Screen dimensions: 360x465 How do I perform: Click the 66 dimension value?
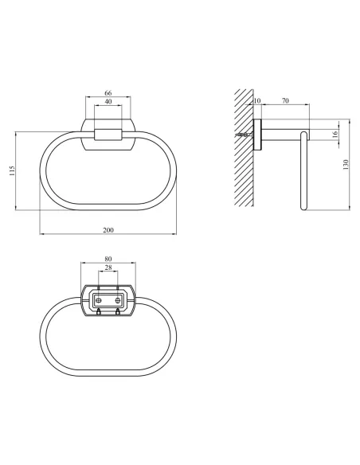pos(108,93)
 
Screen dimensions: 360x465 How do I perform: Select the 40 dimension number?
pos(108,101)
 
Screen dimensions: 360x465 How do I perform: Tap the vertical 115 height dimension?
pos(12,171)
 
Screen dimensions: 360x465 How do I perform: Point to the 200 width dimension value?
pos(108,230)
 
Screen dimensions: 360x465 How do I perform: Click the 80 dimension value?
pos(108,259)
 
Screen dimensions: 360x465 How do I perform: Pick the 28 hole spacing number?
pos(108,268)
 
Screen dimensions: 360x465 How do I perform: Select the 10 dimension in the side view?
pos(256,101)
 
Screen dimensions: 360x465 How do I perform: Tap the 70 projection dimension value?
pos(285,101)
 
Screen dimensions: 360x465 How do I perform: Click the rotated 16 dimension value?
pos(335,134)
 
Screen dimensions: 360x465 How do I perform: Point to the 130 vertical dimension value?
pos(346,165)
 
